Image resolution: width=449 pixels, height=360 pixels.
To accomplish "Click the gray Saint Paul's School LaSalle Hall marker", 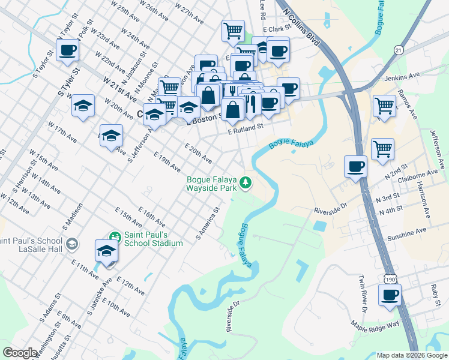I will click(72, 244).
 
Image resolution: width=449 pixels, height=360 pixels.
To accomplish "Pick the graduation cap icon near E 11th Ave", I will click(106, 251).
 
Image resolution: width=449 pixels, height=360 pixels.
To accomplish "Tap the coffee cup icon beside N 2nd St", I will click(355, 165).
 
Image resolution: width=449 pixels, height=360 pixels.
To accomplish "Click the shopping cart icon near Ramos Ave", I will click(384, 106).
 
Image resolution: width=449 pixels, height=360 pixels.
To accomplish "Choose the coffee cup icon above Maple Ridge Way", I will click(390, 295).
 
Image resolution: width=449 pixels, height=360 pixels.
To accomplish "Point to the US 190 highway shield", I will click(391, 280).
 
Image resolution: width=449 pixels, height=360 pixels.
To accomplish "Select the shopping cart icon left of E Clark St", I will click(233, 30).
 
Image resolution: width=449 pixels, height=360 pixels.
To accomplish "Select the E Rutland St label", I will click(246, 127).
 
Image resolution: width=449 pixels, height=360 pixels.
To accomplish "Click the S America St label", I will click(209, 222).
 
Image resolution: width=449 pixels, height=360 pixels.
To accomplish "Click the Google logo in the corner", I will click(20, 353).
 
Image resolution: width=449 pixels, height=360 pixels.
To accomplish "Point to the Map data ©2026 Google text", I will click(411, 355).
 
